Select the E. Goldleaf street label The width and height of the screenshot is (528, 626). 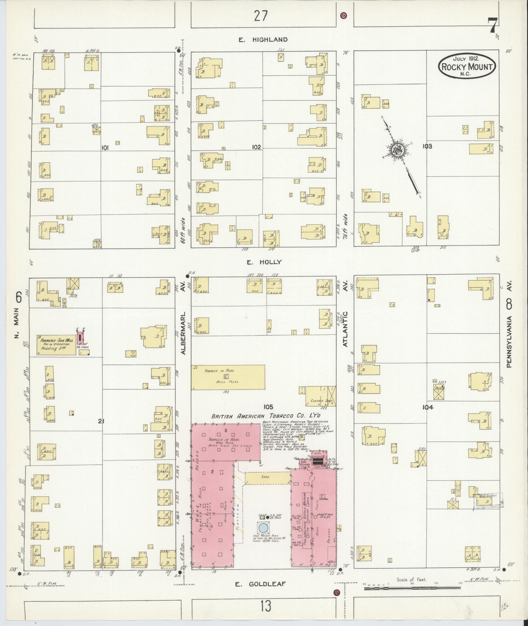(261, 584)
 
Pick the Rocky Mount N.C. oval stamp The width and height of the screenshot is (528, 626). (467, 66)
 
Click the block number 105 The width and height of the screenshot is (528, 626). (268, 407)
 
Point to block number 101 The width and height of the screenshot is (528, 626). (105, 148)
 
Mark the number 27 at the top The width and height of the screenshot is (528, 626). (261, 16)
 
